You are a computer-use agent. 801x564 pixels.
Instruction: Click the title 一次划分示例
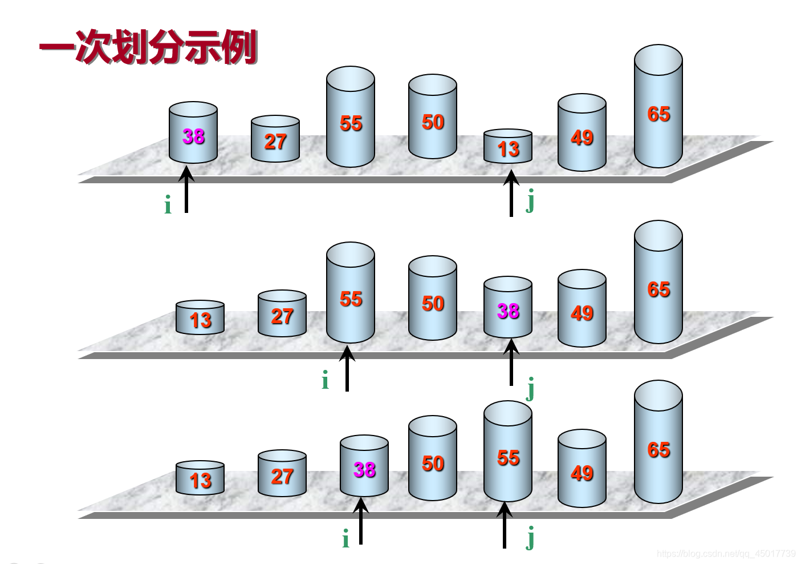point(148,47)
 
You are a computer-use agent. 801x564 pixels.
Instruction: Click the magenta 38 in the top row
point(193,136)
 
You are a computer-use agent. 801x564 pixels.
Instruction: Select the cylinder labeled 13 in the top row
point(508,147)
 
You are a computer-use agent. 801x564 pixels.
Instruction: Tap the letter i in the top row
point(168,205)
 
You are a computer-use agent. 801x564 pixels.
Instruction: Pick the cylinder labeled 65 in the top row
point(658,108)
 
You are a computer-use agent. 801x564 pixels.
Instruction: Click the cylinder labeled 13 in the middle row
point(200,319)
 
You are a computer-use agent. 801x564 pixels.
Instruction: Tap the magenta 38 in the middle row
point(508,311)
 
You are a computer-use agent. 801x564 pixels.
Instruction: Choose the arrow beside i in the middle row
point(347,368)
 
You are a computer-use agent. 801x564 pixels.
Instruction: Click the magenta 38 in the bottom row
point(364,470)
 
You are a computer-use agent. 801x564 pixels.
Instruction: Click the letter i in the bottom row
point(345,539)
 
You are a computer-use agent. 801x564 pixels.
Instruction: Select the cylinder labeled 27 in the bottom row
point(282,475)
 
